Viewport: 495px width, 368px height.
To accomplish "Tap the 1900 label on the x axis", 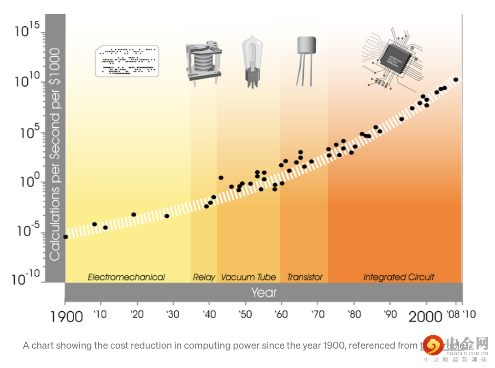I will pyautogui.click(x=66, y=317).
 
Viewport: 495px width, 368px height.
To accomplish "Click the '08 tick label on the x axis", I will pyautogui.click(x=453, y=315).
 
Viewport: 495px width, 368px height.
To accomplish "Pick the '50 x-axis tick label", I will pyautogui.click(x=245, y=315).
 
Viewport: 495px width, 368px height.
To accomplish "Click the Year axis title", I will pyautogui.click(x=264, y=292).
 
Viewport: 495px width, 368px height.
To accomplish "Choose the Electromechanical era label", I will pyautogui.click(x=126, y=277).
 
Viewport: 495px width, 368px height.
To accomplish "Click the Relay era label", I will pyautogui.click(x=204, y=277).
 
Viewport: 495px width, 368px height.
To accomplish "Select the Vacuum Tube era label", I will pyautogui.click(x=248, y=277).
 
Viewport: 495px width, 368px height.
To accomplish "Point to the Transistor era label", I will pyautogui.click(x=305, y=277).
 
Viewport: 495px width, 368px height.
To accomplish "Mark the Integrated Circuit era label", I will pyautogui.click(x=399, y=277).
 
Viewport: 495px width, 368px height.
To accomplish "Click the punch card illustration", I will pyautogui.click(x=127, y=60).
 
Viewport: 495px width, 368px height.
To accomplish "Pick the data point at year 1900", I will pyautogui.click(x=65, y=237).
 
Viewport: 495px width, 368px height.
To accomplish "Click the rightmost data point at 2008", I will pyautogui.click(x=456, y=80).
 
